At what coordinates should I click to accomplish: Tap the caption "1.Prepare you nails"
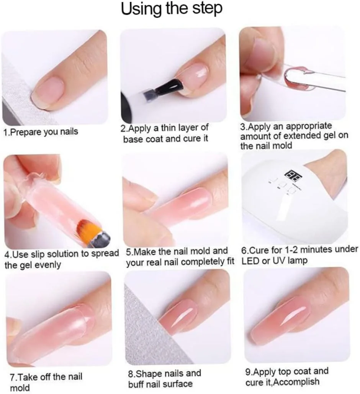point(41,132)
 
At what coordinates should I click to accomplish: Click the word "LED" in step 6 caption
point(250,261)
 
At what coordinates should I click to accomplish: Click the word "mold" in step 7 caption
point(20,388)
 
